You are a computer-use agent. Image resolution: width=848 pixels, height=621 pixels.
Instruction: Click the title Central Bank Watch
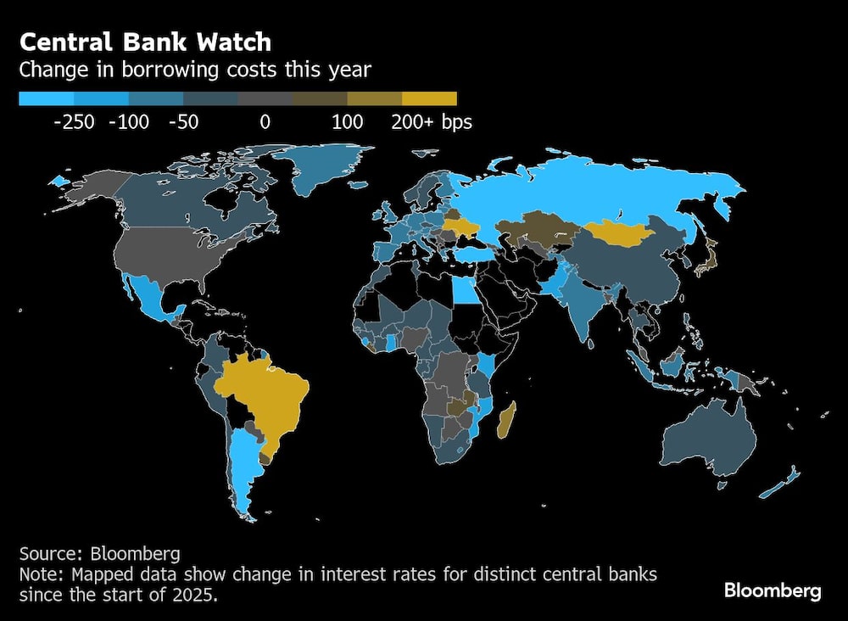click(146, 42)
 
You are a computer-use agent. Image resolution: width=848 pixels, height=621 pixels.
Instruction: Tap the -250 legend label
click(74, 122)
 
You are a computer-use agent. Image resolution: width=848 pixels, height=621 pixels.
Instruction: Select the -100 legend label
click(129, 122)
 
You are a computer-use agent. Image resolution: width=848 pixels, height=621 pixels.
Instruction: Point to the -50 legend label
click(183, 122)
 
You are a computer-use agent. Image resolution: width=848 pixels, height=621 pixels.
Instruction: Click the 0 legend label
click(265, 122)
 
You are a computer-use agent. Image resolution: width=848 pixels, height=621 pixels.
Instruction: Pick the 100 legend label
click(348, 122)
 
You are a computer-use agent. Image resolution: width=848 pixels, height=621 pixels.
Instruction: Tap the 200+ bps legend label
click(431, 122)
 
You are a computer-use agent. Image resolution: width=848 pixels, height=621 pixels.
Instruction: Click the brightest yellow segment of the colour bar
click(429, 99)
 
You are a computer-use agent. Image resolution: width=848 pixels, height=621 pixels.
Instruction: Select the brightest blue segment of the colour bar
click(46, 99)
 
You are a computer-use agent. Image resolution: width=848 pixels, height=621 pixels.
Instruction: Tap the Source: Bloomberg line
click(99, 554)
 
